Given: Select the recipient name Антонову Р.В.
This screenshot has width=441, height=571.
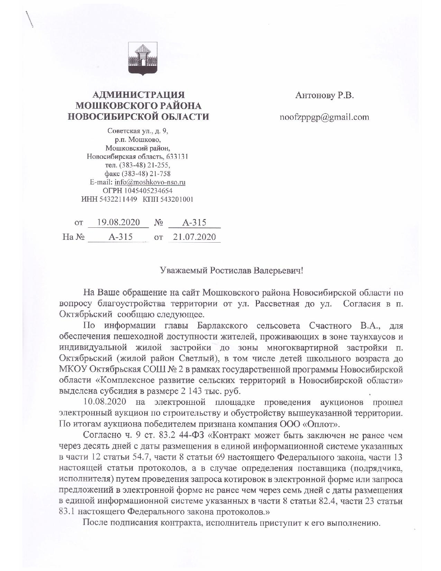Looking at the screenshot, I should [x=324, y=96].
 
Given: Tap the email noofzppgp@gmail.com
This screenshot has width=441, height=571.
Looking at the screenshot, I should [x=324, y=117].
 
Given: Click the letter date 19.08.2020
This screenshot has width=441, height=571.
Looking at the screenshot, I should [x=118, y=222].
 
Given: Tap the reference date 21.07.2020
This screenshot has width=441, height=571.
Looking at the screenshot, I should [x=194, y=237].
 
